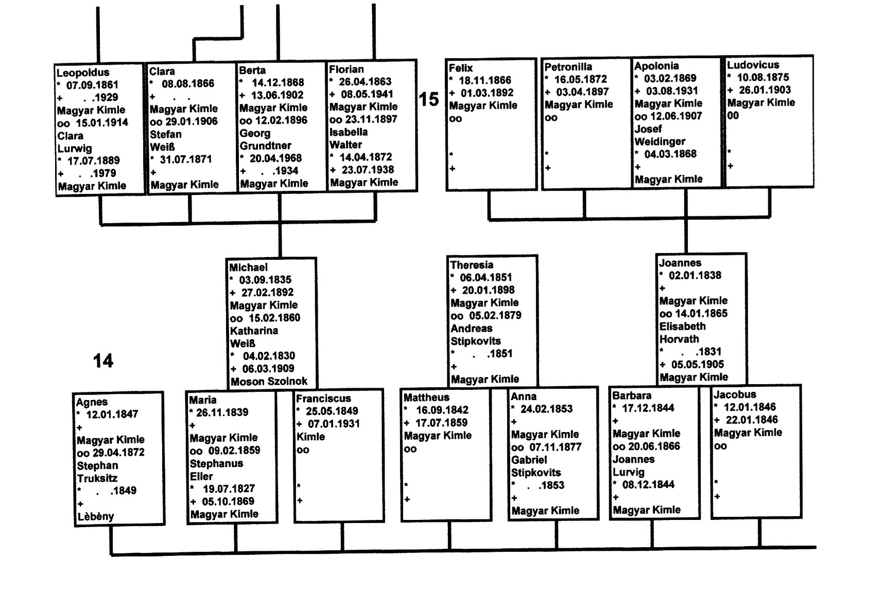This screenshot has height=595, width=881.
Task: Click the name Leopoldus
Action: click(83, 73)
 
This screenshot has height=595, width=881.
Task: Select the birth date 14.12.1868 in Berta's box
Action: click(278, 82)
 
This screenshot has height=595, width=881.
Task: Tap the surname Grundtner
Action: click(265, 146)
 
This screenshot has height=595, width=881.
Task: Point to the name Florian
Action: click(347, 69)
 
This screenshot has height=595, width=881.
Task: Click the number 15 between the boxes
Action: click(428, 99)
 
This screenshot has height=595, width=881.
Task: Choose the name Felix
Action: click(460, 68)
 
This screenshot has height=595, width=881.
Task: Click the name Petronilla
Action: click(568, 67)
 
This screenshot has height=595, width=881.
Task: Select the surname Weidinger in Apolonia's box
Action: click(660, 141)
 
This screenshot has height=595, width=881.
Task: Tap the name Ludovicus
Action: click(753, 65)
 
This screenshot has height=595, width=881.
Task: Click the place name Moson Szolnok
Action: click(269, 382)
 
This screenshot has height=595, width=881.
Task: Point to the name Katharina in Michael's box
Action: click(254, 331)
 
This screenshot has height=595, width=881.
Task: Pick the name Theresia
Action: click(472, 265)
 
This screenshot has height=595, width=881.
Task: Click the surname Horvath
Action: click(679, 339)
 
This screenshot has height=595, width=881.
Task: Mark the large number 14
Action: click(103, 360)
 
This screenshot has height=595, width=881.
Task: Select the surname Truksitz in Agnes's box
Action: click(97, 478)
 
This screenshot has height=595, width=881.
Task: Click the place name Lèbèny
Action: click(95, 516)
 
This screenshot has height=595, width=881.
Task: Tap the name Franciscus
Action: click(323, 398)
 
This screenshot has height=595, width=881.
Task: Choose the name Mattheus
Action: click(426, 397)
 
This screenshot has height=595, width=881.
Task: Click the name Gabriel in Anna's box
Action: click(529, 460)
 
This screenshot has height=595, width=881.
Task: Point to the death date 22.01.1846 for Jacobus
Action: click(752, 420)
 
